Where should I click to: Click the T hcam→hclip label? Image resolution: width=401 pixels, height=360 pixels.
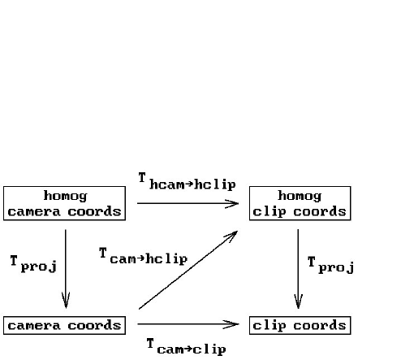pos(188,182)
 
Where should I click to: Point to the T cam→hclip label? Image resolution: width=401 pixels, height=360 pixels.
pos(144,256)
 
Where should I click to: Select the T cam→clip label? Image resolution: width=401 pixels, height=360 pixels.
pos(187,347)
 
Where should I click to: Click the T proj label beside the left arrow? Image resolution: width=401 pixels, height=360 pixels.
pos(33,263)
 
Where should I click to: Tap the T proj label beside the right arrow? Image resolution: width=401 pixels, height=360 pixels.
pos(330,265)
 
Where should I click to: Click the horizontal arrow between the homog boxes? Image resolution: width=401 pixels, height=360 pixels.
pos(188,203)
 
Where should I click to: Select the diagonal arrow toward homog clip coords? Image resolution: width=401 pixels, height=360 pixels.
pos(188,270)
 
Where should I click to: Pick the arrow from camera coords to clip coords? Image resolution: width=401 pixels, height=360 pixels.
pos(188,324)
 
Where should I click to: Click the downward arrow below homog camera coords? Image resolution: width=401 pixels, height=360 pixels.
pos(66,269)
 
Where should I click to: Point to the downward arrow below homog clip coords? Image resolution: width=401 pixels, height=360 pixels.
pos(298,269)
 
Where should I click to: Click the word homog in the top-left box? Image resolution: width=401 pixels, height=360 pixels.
pos(65,196)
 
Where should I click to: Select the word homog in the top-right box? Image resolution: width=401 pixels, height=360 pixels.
pos(300,196)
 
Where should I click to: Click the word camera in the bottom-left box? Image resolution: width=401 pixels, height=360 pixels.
pos(34,325)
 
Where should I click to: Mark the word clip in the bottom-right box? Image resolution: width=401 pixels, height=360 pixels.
pos(269,326)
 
